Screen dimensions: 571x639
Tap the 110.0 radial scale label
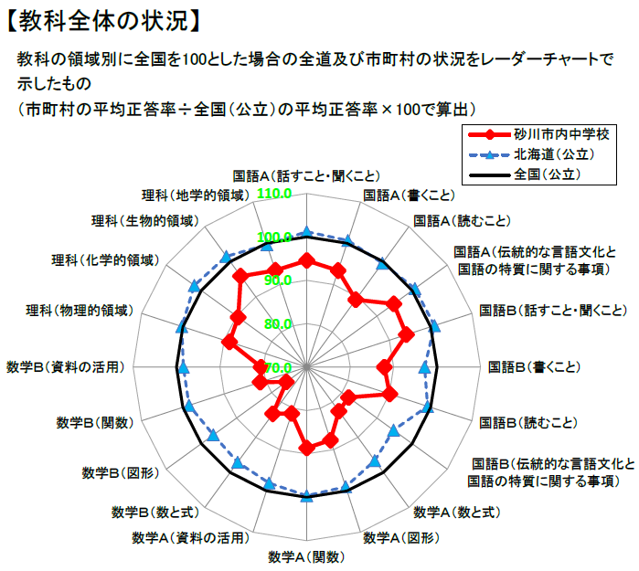click(275, 195)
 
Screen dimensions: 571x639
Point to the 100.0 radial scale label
click(275, 238)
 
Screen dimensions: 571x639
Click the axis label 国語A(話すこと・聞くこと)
click(306, 174)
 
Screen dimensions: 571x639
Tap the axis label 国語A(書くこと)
click(409, 195)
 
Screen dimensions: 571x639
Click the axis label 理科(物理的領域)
click(80, 311)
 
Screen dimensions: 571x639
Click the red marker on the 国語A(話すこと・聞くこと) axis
click(307, 260)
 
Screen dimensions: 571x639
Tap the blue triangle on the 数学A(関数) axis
click(307, 498)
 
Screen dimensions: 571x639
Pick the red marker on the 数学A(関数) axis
click(307, 448)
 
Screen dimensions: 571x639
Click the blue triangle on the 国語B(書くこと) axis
click(424, 366)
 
